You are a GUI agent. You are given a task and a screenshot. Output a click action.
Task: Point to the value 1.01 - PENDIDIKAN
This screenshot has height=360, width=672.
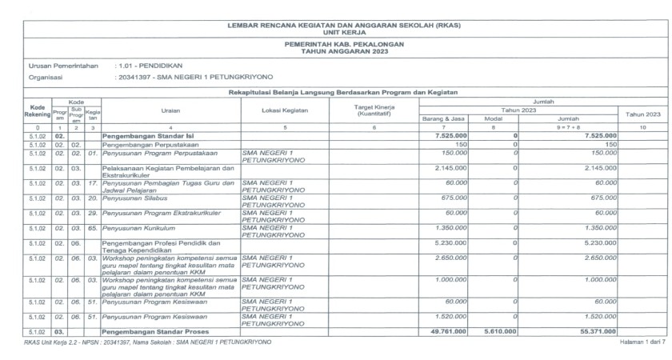click(150, 66)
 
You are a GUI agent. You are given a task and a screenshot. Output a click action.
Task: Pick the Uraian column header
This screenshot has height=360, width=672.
click(170, 111)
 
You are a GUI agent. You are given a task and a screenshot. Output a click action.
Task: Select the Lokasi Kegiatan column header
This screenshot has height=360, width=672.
click(285, 111)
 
